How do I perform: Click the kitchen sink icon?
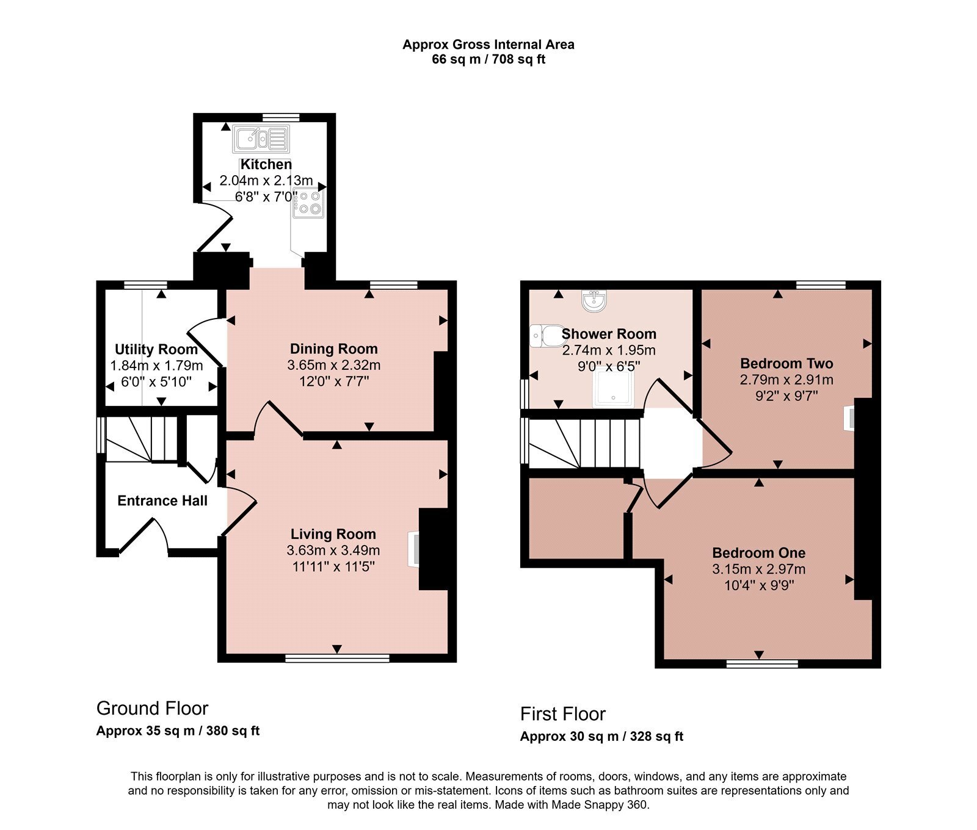coord(260,139)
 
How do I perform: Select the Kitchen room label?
coord(266,164)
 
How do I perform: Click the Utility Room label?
coord(156,349)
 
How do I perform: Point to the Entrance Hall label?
coord(162,500)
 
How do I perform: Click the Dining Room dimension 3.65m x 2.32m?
coord(334,365)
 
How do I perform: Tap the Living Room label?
coord(333,534)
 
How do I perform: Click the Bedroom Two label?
coord(786,364)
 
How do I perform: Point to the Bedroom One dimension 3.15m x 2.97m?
coord(759,569)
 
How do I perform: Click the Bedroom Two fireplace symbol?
coord(849,419)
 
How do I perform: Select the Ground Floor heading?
coord(153,709)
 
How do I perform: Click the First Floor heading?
coord(563,714)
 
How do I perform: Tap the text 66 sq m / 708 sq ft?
coord(488,60)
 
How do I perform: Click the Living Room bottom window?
coord(337,658)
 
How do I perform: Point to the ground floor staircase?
coord(142,439)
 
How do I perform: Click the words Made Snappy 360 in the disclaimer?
coord(600,805)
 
